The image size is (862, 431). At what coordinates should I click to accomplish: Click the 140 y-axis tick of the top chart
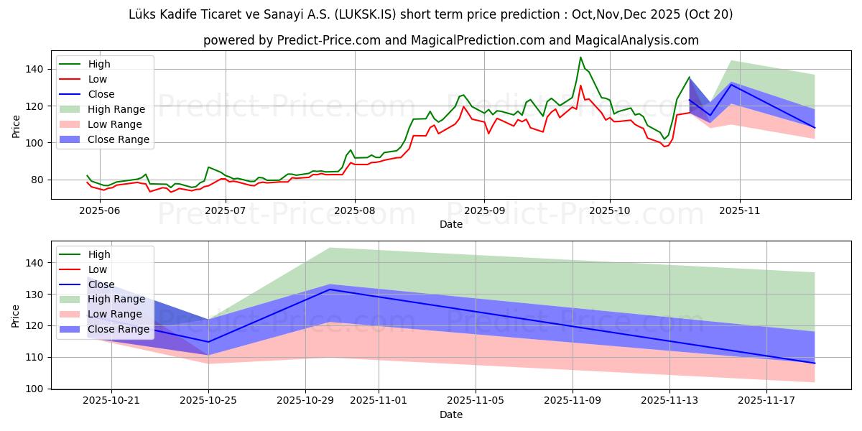click(x=35, y=70)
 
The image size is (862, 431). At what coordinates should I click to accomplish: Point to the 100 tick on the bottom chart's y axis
click(x=35, y=389)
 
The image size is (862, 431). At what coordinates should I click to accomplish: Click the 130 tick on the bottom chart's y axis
click(x=35, y=295)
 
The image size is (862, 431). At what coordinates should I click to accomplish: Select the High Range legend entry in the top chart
click(x=117, y=109)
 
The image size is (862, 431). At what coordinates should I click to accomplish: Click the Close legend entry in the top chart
click(x=102, y=94)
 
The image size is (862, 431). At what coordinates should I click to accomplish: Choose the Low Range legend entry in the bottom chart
click(x=116, y=315)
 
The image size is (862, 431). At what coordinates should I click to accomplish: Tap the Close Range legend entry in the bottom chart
click(x=119, y=330)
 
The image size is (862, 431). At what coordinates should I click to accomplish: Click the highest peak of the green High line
click(x=580, y=57)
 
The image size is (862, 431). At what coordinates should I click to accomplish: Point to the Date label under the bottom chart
click(x=451, y=414)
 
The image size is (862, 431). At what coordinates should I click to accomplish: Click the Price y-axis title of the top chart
click(x=16, y=126)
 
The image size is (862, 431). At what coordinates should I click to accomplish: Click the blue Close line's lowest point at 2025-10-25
click(x=208, y=342)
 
